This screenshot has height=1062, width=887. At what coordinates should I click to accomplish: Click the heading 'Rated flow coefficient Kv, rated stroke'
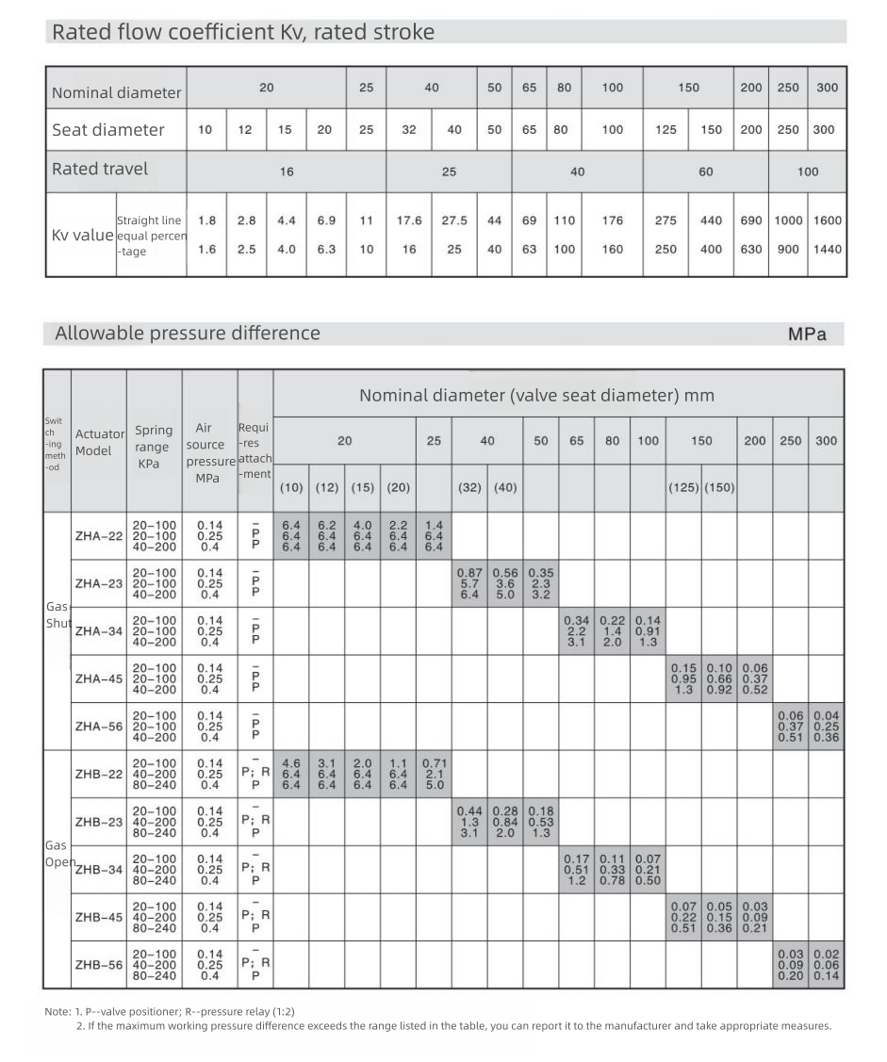(x=242, y=32)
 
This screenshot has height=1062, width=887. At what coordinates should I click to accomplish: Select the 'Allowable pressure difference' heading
(x=187, y=333)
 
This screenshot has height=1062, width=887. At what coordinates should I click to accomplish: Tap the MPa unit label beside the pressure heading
(x=807, y=334)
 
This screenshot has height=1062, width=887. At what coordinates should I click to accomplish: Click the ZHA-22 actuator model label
(x=98, y=536)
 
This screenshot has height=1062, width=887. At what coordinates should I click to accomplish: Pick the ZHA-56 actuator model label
(x=98, y=727)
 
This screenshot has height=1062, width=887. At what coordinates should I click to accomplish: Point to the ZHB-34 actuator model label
(x=98, y=869)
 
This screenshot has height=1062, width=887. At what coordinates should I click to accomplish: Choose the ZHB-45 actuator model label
(x=98, y=917)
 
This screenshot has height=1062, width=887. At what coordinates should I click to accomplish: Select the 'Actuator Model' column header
(x=99, y=442)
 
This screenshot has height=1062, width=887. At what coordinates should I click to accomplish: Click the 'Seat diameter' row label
(x=107, y=130)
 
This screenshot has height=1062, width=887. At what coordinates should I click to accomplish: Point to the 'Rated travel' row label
(x=99, y=170)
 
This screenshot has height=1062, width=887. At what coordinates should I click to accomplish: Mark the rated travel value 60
(x=706, y=172)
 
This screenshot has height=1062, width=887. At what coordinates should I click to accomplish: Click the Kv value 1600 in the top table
(x=827, y=221)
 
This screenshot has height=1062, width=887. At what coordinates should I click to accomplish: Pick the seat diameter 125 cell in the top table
(x=665, y=130)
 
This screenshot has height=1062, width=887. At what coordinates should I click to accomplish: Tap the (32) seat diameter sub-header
(x=469, y=487)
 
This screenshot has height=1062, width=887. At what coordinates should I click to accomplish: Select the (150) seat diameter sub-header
(x=718, y=487)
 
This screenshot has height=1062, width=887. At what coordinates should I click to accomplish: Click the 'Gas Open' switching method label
(x=57, y=855)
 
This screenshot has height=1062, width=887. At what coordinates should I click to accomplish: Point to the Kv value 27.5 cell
(x=454, y=221)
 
